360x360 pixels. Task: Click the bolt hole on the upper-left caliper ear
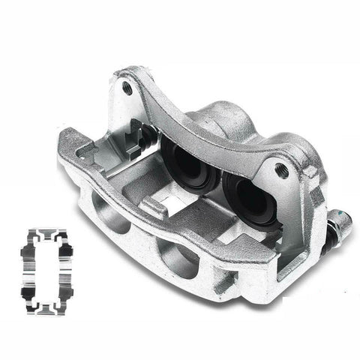pyautogui.click(x=127, y=88)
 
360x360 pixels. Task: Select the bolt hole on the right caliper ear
pyautogui.click(x=282, y=170)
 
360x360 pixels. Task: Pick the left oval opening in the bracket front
pyautogui.click(x=109, y=213)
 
